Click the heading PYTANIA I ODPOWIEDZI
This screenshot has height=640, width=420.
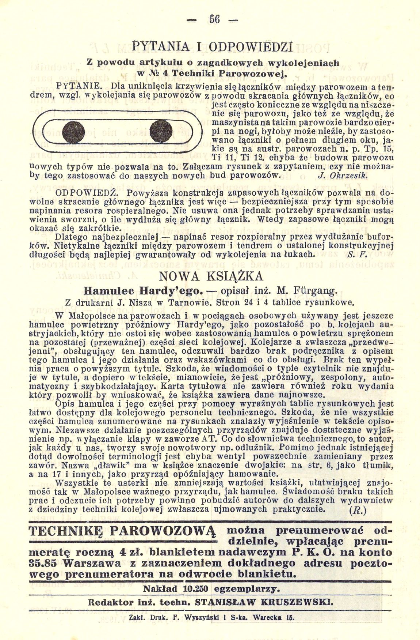210,48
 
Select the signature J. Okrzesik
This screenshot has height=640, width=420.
343,175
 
